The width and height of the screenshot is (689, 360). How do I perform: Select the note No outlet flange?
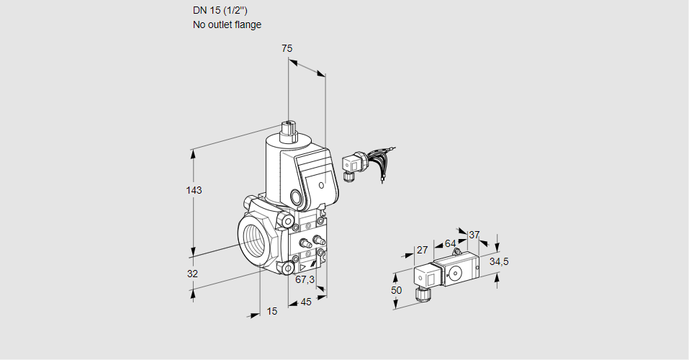pyautogui.click(x=227, y=24)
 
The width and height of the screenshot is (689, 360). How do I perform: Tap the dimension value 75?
pyautogui.click(x=287, y=48)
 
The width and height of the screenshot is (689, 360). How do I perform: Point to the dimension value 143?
pyautogui.click(x=194, y=190)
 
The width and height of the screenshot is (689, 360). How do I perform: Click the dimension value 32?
pyautogui.click(x=192, y=274)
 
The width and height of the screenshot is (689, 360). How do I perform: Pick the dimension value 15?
pyautogui.click(x=271, y=311)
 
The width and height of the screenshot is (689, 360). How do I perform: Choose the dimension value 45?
pyautogui.click(x=306, y=302)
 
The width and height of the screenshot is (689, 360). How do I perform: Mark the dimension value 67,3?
pyautogui.click(x=305, y=280)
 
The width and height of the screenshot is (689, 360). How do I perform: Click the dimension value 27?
pyautogui.click(x=423, y=250)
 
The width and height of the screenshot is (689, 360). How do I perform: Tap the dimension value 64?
pyautogui.click(x=450, y=243)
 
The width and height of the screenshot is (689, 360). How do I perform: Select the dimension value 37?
pyautogui.click(x=474, y=235)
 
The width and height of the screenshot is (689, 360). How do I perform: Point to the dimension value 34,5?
pyautogui.click(x=499, y=261)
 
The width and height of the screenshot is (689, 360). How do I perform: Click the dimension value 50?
pyautogui.click(x=397, y=289)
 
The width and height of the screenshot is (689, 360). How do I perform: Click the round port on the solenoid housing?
pyautogui.click(x=296, y=197)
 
